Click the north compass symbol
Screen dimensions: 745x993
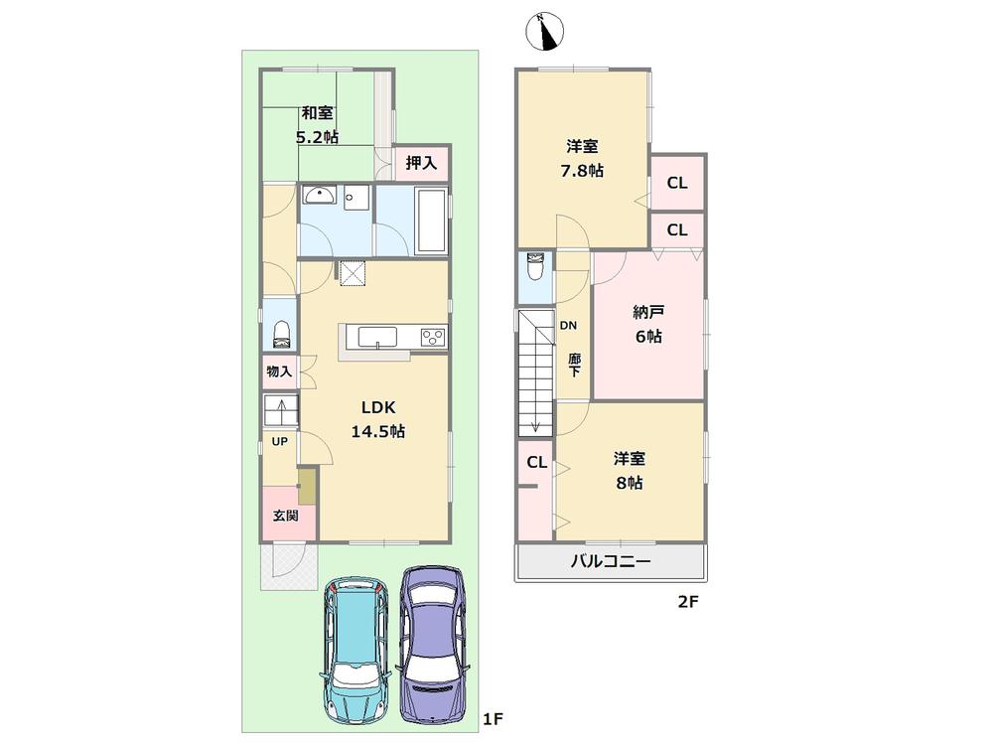point(544,32)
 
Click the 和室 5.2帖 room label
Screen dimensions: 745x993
point(318,125)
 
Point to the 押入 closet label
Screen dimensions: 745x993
point(421,163)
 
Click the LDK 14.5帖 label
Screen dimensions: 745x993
point(377,419)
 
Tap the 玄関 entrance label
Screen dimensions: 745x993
point(286,517)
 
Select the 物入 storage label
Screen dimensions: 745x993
point(279,372)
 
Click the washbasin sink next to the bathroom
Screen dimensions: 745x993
point(321,196)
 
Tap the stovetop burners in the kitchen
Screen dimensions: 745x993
point(433,337)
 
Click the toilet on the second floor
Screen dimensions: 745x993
point(535,269)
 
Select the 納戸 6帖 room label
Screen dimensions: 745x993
point(648,324)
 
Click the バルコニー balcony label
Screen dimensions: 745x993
point(610,562)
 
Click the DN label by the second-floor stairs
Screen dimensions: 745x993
point(568,325)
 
